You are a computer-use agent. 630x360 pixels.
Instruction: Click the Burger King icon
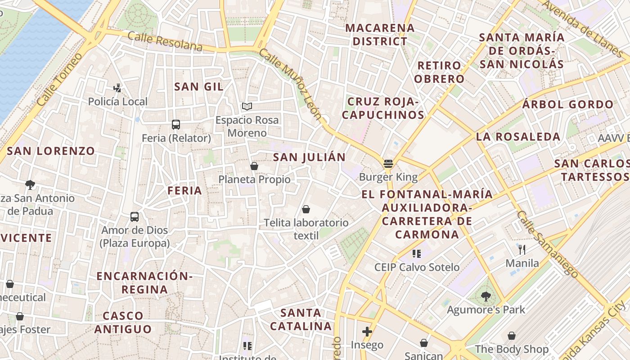[388, 163]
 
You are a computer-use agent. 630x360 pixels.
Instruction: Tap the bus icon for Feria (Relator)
[176, 125]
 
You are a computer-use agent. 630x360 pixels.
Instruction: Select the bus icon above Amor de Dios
[135, 217]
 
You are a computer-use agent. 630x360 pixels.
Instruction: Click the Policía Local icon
[117, 88]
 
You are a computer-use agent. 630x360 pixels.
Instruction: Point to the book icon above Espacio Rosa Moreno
[247, 107]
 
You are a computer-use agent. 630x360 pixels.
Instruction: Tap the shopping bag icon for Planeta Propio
[254, 166]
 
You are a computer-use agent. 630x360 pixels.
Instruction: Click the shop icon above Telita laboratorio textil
[306, 209]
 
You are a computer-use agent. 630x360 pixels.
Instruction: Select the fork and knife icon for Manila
[522, 249]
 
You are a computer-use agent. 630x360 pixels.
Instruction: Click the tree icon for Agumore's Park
[486, 296]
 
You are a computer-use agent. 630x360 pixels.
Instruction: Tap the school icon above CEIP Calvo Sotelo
[417, 254]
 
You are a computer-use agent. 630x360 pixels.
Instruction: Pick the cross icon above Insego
[367, 332]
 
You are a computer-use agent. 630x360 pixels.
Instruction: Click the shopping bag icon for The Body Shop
[512, 336]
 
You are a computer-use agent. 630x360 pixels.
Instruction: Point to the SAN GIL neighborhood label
[198, 87]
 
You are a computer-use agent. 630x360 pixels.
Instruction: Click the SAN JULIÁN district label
[309, 157]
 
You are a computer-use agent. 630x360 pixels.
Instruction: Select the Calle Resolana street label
[165, 41]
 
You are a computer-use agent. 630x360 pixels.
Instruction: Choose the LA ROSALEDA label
[518, 137]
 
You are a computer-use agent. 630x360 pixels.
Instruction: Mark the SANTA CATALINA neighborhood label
[301, 319]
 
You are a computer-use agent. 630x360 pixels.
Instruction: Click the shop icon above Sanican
[423, 343]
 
